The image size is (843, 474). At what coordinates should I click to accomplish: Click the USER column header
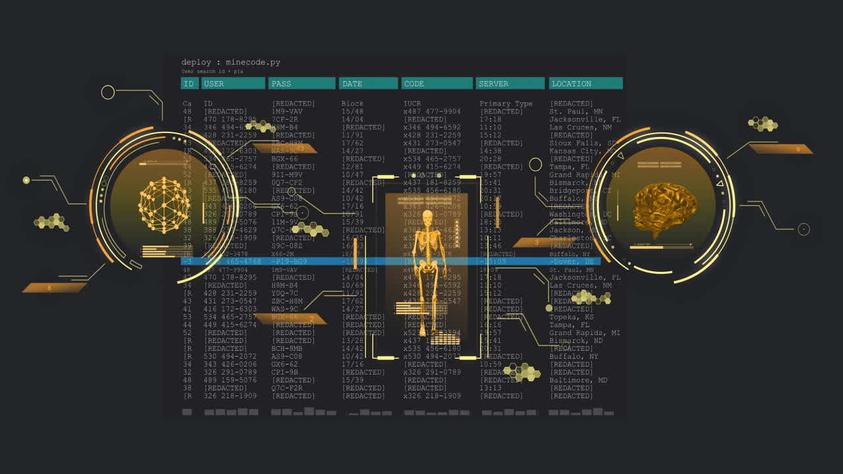[x=232, y=84]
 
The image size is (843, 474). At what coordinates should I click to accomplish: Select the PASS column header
[x=302, y=84]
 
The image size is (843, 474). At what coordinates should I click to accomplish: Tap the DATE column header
[x=368, y=84]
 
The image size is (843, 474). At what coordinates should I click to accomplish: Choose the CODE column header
[x=437, y=84]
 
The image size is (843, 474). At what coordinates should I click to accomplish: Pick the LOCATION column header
[x=585, y=84]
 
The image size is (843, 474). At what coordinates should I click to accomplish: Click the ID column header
[x=189, y=84]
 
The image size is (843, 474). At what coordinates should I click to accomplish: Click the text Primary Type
[x=506, y=104]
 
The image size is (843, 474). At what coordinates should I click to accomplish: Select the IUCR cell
[x=412, y=104]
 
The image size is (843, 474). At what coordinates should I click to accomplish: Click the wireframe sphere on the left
[x=164, y=205]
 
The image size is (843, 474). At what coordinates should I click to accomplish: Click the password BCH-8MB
[x=287, y=349]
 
